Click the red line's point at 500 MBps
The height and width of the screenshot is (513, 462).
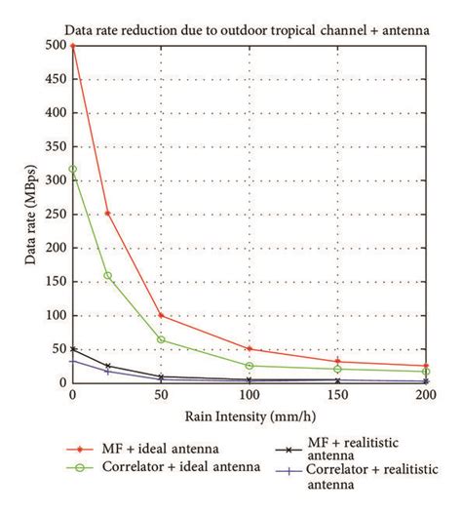72,45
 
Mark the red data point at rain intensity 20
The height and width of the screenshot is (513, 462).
108,213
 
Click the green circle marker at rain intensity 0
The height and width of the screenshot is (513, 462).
72,169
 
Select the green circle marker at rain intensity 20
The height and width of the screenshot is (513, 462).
108,276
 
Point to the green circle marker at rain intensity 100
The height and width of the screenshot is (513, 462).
251,366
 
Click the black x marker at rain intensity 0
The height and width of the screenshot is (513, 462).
72,348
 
